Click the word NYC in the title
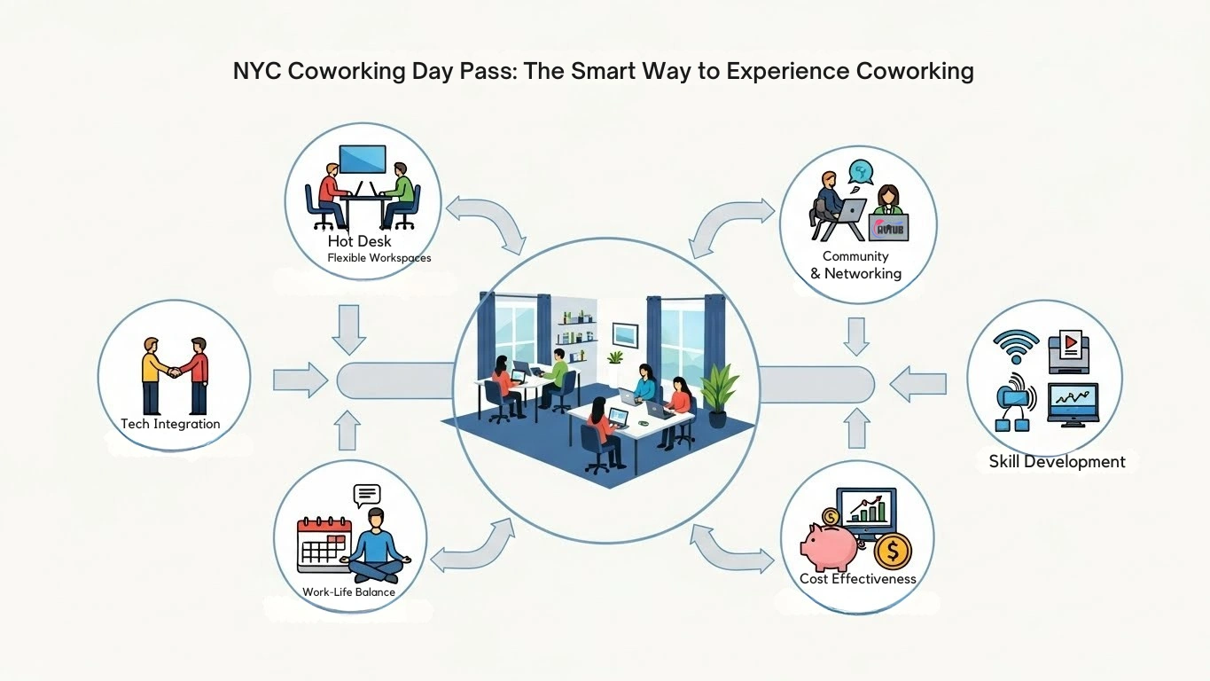pyautogui.click(x=257, y=71)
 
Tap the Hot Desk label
pyautogui.click(x=359, y=241)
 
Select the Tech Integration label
pyautogui.click(x=170, y=424)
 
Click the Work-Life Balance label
pyautogui.click(x=348, y=591)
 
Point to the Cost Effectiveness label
pyautogui.click(x=857, y=579)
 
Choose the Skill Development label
pyautogui.click(x=1057, y=462)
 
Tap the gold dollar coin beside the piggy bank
pyautogui.click(x=892, y=552)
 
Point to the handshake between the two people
pyautogui.click(x=175, y=372)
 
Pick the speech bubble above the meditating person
pyautogui.click(x=366, y=494)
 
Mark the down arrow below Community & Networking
pyautogui.click(x=855, y=335)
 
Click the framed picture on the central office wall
pyautogui.click(x=625, y=333)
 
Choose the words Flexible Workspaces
pyautogui.click(x=379, y=258)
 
